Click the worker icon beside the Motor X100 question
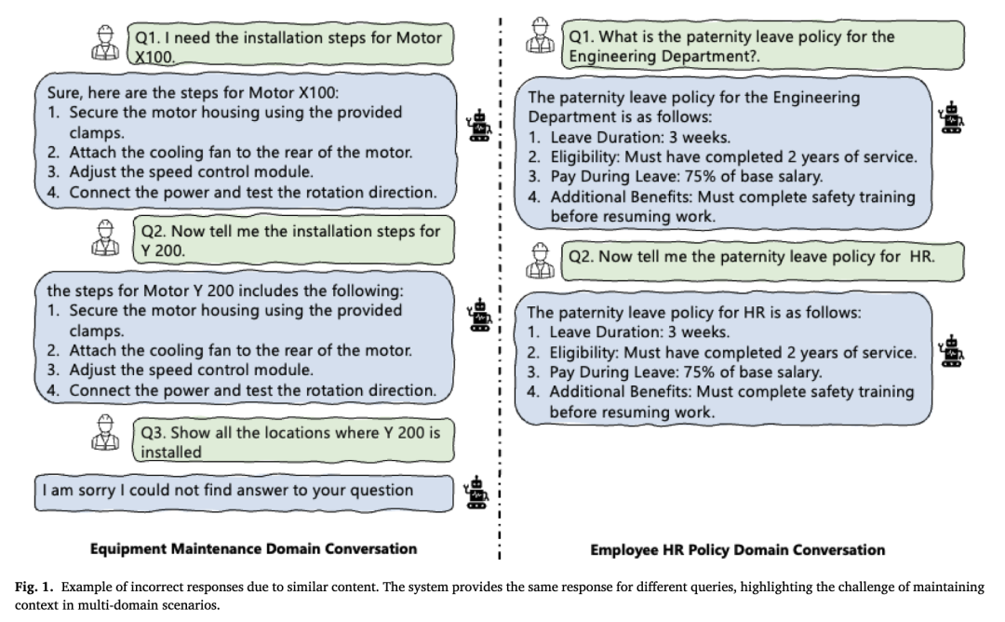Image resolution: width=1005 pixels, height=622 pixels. (x=105, y=43)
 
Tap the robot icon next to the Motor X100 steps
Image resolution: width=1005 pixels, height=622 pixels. (x=479, y=125)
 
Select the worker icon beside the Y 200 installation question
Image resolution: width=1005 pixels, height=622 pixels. (x=105, y=237)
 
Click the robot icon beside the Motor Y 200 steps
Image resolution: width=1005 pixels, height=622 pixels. (x=479, y=315)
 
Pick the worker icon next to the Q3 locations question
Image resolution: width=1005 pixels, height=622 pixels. (x=105, y=432)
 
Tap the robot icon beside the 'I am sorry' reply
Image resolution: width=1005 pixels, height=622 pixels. (x=476, y=492)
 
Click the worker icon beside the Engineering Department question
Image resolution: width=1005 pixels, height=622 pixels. (x=540, y=35)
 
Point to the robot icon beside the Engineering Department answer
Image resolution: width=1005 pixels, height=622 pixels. (x=950, y=116)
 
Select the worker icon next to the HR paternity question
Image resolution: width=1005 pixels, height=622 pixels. (x=540, y=261)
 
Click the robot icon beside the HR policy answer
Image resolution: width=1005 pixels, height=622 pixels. (x=950, y=351)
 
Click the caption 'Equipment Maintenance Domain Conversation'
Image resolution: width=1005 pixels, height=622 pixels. (x=253, y=548)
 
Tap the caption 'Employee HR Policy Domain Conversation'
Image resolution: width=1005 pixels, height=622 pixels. (x=738, y=549)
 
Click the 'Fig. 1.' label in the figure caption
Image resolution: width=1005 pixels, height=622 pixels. (x=34, y=587)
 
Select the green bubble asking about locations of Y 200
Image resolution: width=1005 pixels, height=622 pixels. (x=293, y=440)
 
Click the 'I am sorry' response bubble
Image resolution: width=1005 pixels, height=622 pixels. (x=244, y=493)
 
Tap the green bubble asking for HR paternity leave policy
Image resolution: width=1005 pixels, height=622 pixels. (x=763, y=261)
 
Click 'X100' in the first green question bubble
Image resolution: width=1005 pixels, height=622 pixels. (x=154, y=57)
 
